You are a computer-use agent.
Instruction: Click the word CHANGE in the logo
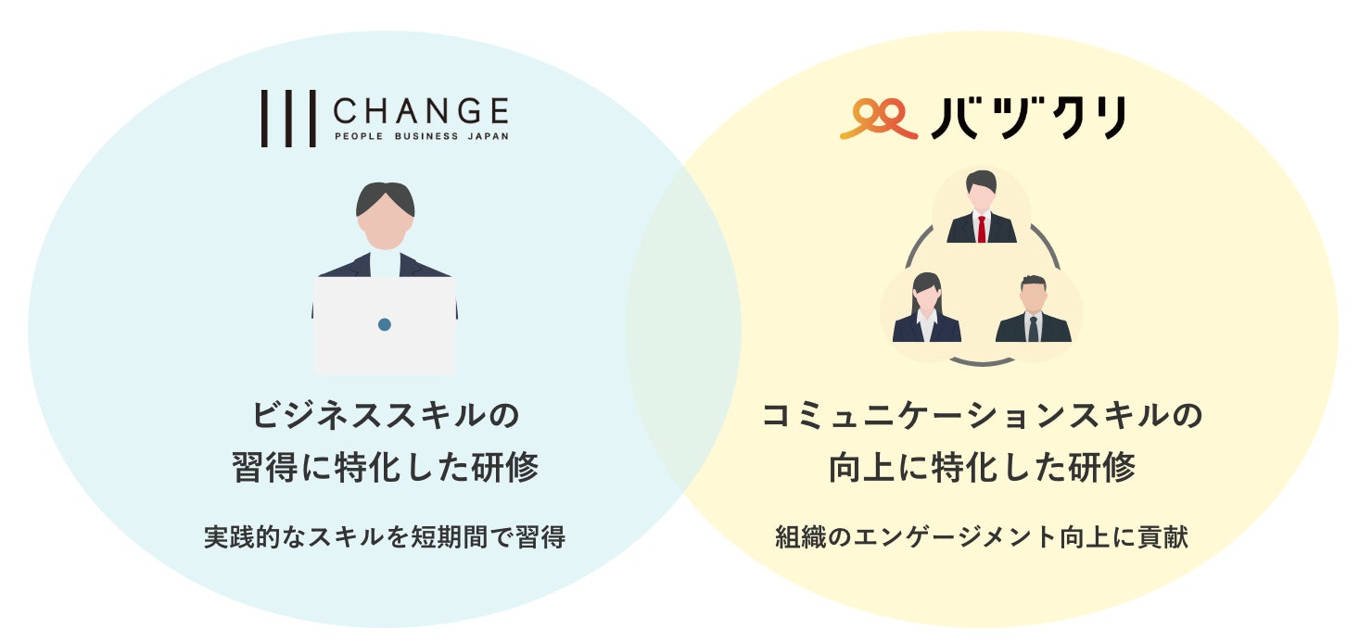[x=420, y=112]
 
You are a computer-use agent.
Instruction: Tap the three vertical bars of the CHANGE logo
[x=287, y=119]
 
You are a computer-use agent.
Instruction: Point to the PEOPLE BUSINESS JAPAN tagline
[x=420, y=136]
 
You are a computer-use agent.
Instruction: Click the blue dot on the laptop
[x=385, y=324]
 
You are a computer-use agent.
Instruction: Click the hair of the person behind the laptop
[x=385, y=195]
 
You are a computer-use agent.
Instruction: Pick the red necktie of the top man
[x=982, y=228]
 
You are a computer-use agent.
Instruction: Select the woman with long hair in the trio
[x=926, y=309]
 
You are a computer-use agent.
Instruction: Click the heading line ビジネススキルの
[x=385, y=414]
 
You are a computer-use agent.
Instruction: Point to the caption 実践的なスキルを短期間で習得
[x=385, y=537]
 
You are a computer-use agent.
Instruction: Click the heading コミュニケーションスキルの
[x=982, y=414]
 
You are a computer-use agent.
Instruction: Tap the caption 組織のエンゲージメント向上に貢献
[x=982, y=537]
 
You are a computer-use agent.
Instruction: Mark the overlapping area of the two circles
[x=683, y=324]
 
